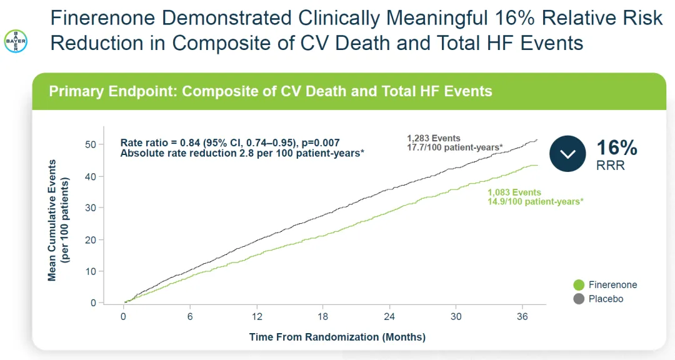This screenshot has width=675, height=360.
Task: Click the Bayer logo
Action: pyautogui.click(x=16, y=41)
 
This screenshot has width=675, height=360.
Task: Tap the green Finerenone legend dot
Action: pyautogui.click(x=578, y=285)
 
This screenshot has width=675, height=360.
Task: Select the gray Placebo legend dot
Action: pyautogui.click(x=578, y=299)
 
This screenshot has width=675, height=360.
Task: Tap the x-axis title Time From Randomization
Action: pyautogui.click(x=337, y=337)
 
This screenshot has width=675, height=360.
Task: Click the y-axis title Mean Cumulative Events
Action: pyautogui.click(x=52, y=221)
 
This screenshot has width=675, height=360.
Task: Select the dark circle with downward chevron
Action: pyautogui.click(x=567, y=153)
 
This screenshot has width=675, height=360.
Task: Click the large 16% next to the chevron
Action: pyautogui.click(x=616, y=147)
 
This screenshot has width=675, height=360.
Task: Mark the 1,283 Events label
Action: pyautogui.click(x=433, y=138)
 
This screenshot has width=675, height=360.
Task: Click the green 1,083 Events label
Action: pyautogui.click(x=514, y=192)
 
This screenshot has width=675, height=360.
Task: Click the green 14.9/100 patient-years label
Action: pyautogui.click(x=536, y=201)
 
